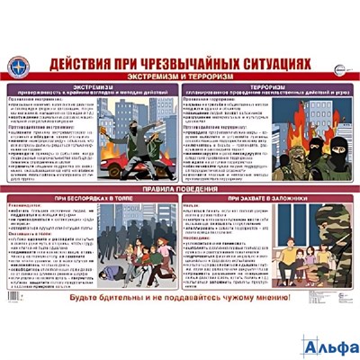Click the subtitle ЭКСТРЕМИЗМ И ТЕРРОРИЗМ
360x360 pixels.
[x=180, y=78]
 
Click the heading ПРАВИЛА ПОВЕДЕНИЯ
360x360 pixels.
[x=180, y=190]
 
